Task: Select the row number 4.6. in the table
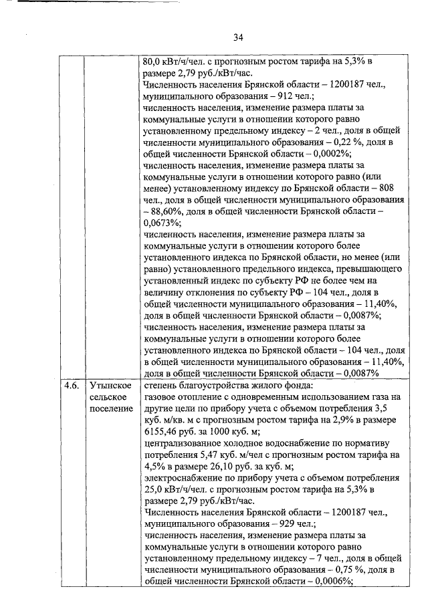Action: click(72, 386)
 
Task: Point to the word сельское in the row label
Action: click(108, 397)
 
